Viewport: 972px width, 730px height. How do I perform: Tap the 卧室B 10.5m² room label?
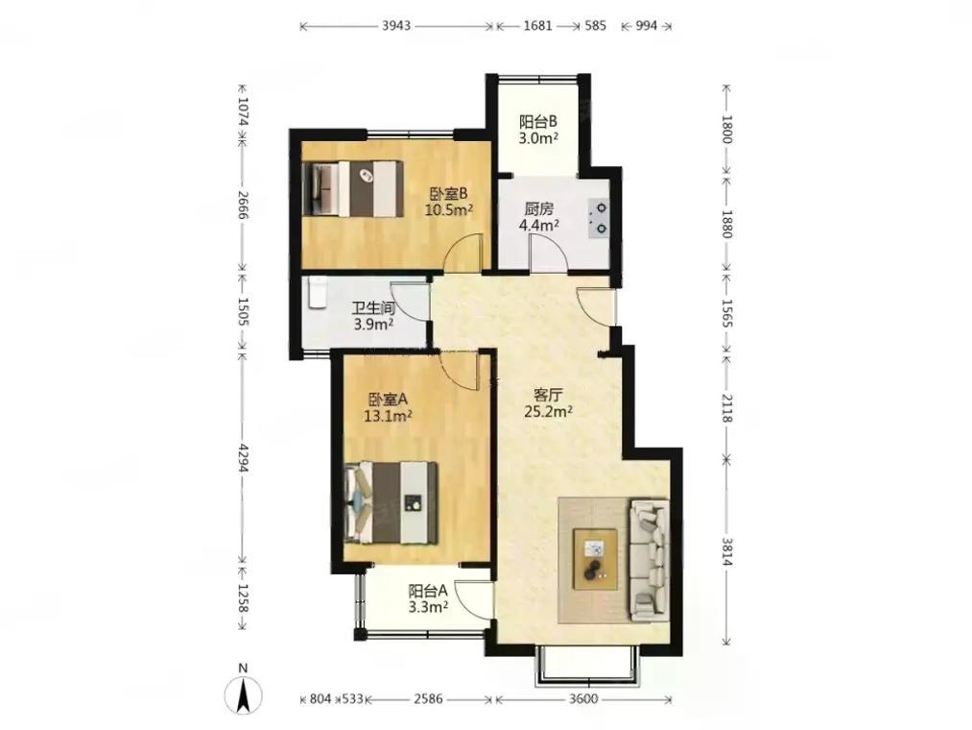tap(449, 201)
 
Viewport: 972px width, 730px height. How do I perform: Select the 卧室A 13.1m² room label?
tap(389, 407)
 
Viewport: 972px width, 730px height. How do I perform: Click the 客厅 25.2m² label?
tap(548, 402)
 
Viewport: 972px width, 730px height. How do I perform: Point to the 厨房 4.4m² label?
tap(538, 217)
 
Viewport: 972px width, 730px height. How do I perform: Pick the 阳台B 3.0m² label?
tap(538, 130)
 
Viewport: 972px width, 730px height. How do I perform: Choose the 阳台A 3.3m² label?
tap(428, 598)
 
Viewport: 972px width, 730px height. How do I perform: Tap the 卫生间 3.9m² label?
tap(373, 316)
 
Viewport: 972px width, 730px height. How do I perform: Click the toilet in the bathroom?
tap(318, 292)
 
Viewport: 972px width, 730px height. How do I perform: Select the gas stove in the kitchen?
tap(600, 218)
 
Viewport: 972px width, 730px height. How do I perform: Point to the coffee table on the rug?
tap(596, 559)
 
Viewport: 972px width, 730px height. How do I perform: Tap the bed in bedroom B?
tap(351, 188)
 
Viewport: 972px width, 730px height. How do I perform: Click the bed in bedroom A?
tap(391, 502)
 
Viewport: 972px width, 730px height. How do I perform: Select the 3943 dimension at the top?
tap(396, 26)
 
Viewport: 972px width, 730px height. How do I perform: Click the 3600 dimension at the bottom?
tap(583, 699)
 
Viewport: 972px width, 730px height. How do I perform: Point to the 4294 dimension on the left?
tap(243, 458)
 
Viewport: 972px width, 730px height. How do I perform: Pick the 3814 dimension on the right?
tap(726, 550)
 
